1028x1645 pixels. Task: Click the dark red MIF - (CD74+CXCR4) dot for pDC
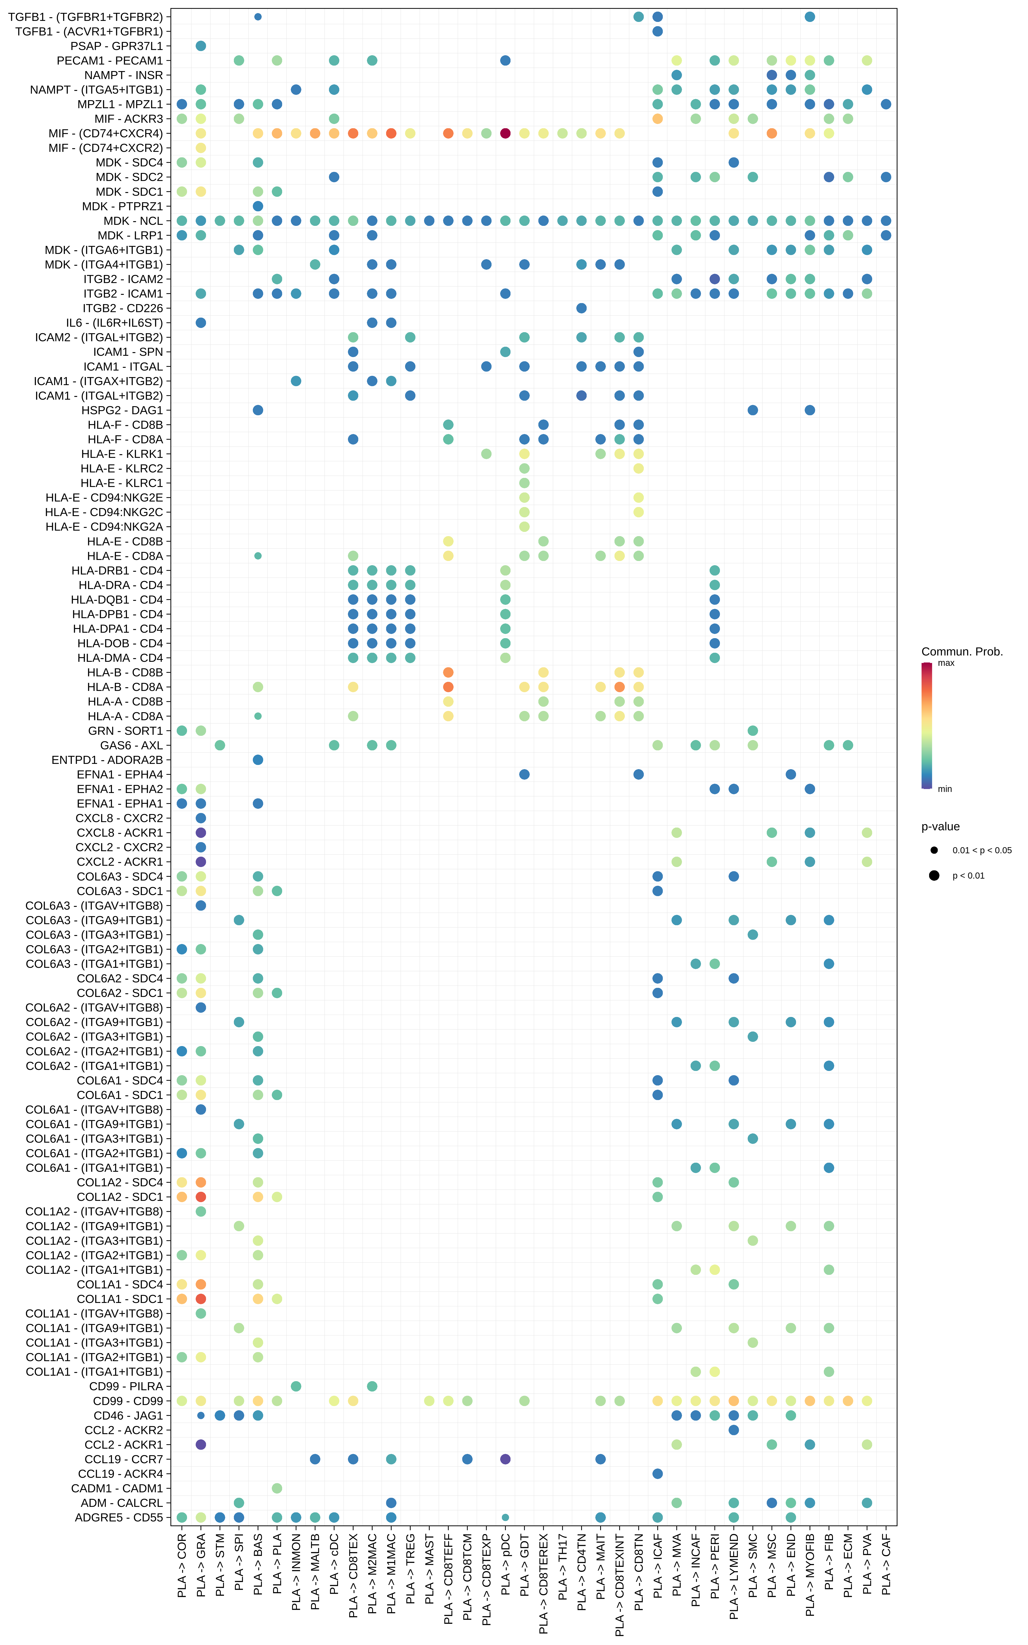coord(505,133)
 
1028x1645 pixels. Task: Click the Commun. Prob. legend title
coord(961,652)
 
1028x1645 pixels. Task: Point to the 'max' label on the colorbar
coord(946,663)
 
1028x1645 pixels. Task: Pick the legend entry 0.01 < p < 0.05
coord(981,850)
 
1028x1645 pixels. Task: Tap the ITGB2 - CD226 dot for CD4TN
coord(581,308)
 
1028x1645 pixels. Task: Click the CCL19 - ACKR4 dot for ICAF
coord(657,1474)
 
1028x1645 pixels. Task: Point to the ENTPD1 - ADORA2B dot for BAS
coord(258,760)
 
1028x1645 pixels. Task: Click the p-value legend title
coord(940,827)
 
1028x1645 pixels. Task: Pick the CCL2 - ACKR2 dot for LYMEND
coord(734,1430)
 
